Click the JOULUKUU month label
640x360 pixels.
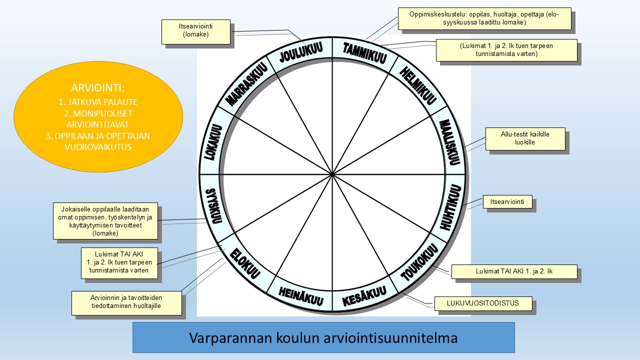click(x=301, y=52)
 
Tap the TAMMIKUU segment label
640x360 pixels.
click(x=365, y=52)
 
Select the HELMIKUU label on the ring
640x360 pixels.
click(x=417, y=85)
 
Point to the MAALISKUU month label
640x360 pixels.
click(x=449, y=142)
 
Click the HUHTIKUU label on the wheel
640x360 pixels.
click(x=450, y=207)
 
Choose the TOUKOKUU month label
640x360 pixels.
click(x=419, y=262)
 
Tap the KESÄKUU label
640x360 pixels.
click(x=364, y=296)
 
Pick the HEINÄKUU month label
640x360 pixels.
click(x=301, y=296)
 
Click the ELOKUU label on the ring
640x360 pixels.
click(x=245, y=263)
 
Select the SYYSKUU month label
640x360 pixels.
click(x=213, y=205)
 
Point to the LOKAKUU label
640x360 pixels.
click(x=213, y=142)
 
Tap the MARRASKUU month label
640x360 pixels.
click(x=246, y=84)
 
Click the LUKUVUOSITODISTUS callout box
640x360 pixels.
click(x=483, y=303)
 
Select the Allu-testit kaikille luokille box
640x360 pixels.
click(x=525, y=139)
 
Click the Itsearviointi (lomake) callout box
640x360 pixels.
click(x=195, y=31)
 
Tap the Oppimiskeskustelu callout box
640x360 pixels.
click(x=484, y=18)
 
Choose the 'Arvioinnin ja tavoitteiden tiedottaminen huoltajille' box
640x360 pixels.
click(x=126, y=303)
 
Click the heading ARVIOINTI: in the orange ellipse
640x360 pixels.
click(x=97, y=88)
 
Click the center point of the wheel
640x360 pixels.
click(x=332, y=174)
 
